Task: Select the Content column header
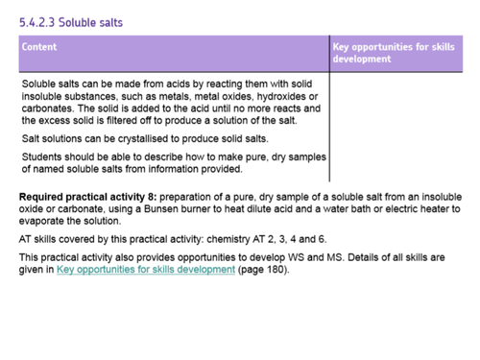39,46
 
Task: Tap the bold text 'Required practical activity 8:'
85,196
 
